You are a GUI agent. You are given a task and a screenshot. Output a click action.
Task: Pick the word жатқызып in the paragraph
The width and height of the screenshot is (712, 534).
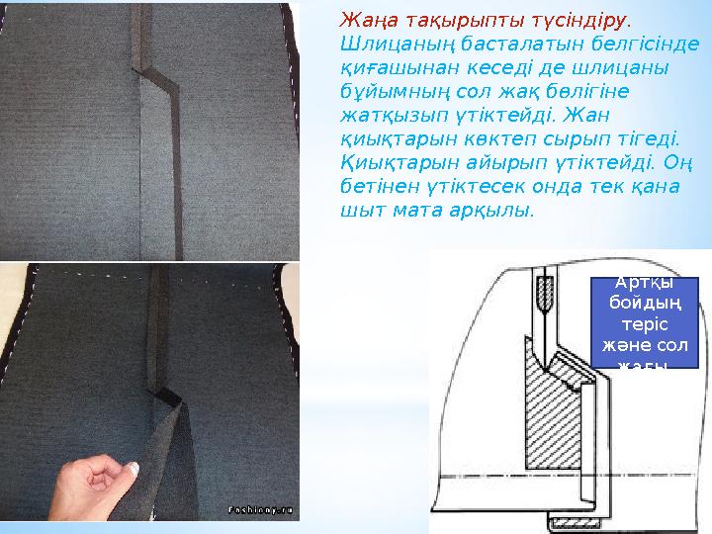383,115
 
